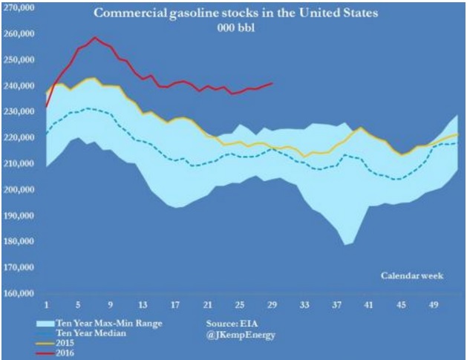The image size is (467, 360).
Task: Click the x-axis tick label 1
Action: (x=46, y=304)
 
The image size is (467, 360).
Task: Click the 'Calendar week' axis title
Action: (x=412, y=276)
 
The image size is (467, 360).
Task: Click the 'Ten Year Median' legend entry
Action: (x=89, y=333)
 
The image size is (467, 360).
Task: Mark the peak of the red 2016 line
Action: (x=95, y=37)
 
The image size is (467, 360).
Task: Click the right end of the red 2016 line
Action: (x=272, y=83)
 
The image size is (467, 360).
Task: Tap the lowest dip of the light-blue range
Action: (x=346, y=244)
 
